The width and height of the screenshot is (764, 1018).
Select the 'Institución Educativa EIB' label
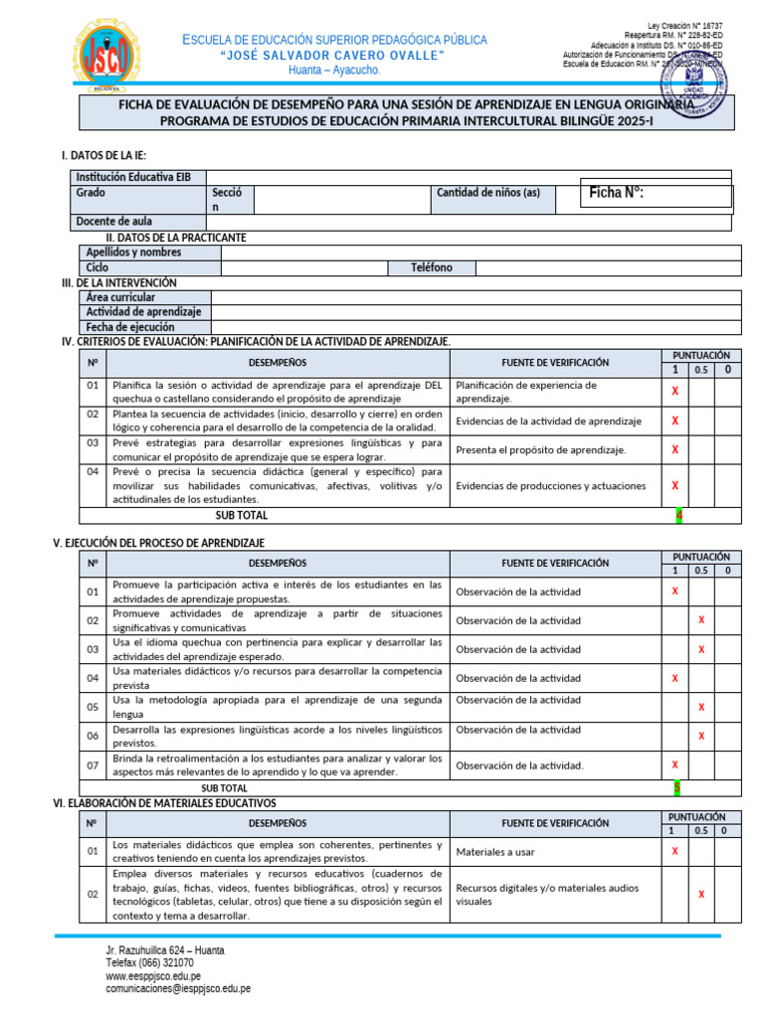click(133, 177)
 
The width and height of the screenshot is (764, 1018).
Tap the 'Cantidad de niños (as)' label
click(488, 193)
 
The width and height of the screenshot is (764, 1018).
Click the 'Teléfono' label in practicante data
click(432, 267)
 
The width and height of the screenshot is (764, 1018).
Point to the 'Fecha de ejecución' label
click(130, 327)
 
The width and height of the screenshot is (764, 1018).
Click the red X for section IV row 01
click(675, 392)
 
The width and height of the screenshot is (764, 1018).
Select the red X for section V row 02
click(701, 620)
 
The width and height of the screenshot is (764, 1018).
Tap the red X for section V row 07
click(675, 764)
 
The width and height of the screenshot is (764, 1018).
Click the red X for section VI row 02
click(701, 895)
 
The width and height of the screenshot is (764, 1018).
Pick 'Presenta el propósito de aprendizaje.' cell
click(541, 449)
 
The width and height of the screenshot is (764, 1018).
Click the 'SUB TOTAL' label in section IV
click(242, 516)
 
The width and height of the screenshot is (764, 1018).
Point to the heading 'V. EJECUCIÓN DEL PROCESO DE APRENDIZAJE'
click(158, 543)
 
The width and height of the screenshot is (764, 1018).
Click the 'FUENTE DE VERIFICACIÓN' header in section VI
click(555, 823)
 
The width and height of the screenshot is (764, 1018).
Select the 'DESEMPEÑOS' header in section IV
click(278, 363)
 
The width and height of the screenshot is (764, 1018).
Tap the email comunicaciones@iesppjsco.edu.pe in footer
click(178, 989)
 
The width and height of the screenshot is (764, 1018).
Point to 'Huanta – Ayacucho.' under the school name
click(334, 71)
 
